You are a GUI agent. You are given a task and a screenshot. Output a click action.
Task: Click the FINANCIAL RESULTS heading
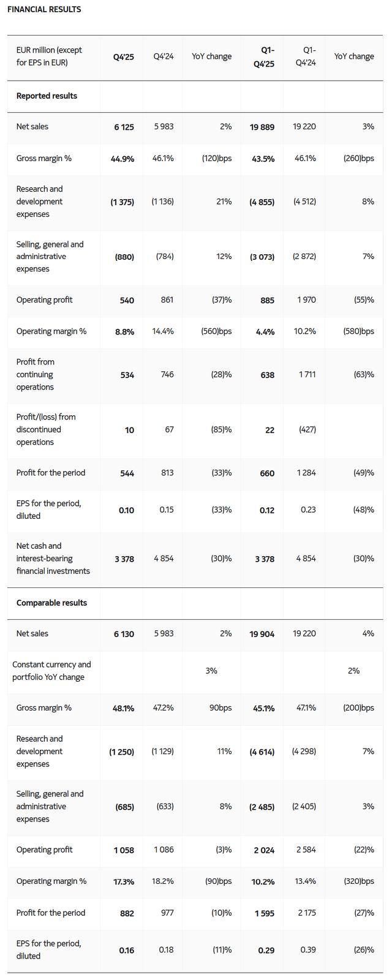(44, 9)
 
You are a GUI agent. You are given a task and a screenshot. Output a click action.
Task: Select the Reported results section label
(47, 96)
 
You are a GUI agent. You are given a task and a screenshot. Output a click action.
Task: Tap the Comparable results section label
(51, 603)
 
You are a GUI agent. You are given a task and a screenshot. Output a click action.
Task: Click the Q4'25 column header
(123, 56)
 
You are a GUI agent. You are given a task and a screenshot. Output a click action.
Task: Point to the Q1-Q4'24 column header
(304, 56)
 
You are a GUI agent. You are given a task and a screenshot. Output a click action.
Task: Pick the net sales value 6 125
(124, 127)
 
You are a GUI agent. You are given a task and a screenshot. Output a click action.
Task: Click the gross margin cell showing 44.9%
(123, 159)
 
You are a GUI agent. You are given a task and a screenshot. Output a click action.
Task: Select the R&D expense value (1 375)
(122, 202)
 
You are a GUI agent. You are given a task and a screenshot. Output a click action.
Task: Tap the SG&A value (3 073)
(262, 257)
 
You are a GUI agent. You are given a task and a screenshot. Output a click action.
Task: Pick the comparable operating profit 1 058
(124, 850)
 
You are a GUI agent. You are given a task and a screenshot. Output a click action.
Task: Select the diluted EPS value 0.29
(266, 950)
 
